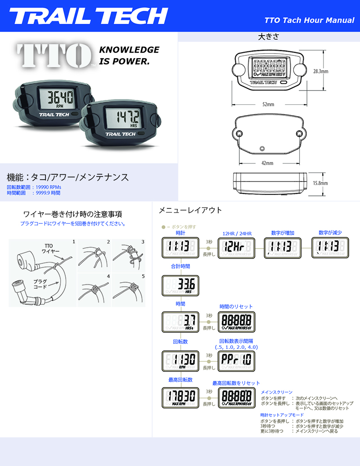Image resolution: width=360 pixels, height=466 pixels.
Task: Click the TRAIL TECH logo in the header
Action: pyautogui.click(x=89, y=16)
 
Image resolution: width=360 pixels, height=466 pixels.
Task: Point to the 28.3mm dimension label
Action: pyautogui.click(x=320, y=71)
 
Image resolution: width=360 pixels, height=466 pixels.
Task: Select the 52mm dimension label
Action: pyautogui.click(x=268, y=104)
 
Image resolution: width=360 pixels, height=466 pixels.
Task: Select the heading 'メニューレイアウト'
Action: pyautogui.click(x=190, y=210)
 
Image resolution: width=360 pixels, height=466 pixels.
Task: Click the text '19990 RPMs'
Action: pyautogui.click(x=45, y=187)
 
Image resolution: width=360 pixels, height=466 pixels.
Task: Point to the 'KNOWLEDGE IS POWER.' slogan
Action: pyautogui.click(x=129, y=55)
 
